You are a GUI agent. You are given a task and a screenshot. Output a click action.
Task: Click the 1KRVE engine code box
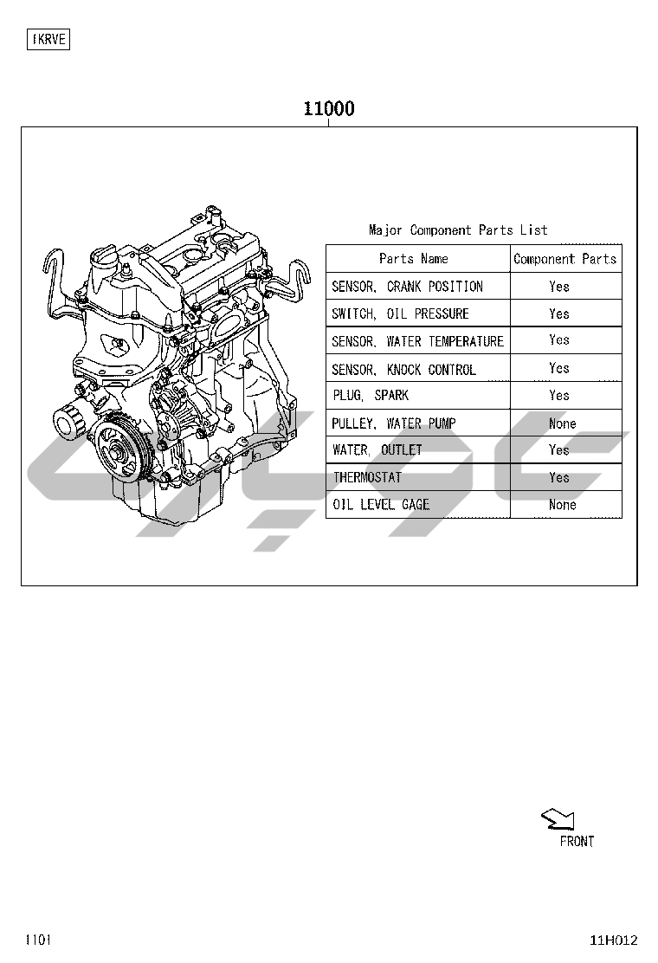[48, 39]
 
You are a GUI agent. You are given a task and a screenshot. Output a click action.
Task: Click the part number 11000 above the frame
[329, 109]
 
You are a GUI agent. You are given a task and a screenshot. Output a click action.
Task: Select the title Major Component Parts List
[458, 229]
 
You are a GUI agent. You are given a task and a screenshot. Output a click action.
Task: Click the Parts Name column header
[413, 259]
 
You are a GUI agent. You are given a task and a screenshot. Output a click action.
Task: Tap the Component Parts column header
[564, 259]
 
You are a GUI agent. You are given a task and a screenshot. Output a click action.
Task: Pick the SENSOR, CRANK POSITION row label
[407, 286]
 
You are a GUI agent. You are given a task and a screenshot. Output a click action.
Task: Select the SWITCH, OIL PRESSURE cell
[400, 313]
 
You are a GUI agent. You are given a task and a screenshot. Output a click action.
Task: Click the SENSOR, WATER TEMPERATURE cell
[417, 341]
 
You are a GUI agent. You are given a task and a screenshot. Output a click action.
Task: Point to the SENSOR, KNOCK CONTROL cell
[403, 369]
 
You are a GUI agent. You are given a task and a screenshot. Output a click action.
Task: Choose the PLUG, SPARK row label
[371, 395]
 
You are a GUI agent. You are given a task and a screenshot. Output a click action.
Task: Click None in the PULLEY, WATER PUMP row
[562, 423]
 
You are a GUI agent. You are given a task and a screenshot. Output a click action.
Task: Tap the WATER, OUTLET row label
[377, 449]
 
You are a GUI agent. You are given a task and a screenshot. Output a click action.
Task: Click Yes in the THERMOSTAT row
[559, 477]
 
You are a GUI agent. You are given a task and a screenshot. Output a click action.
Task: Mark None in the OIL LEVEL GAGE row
[562, 504]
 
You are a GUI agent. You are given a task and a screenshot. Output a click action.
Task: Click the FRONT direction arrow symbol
[558, 819]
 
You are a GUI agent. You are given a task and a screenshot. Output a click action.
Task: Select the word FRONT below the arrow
[577, 842]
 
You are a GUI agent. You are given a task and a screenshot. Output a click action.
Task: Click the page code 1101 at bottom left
[38, 940]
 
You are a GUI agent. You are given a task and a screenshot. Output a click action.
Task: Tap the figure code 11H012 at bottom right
[614, 940]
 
